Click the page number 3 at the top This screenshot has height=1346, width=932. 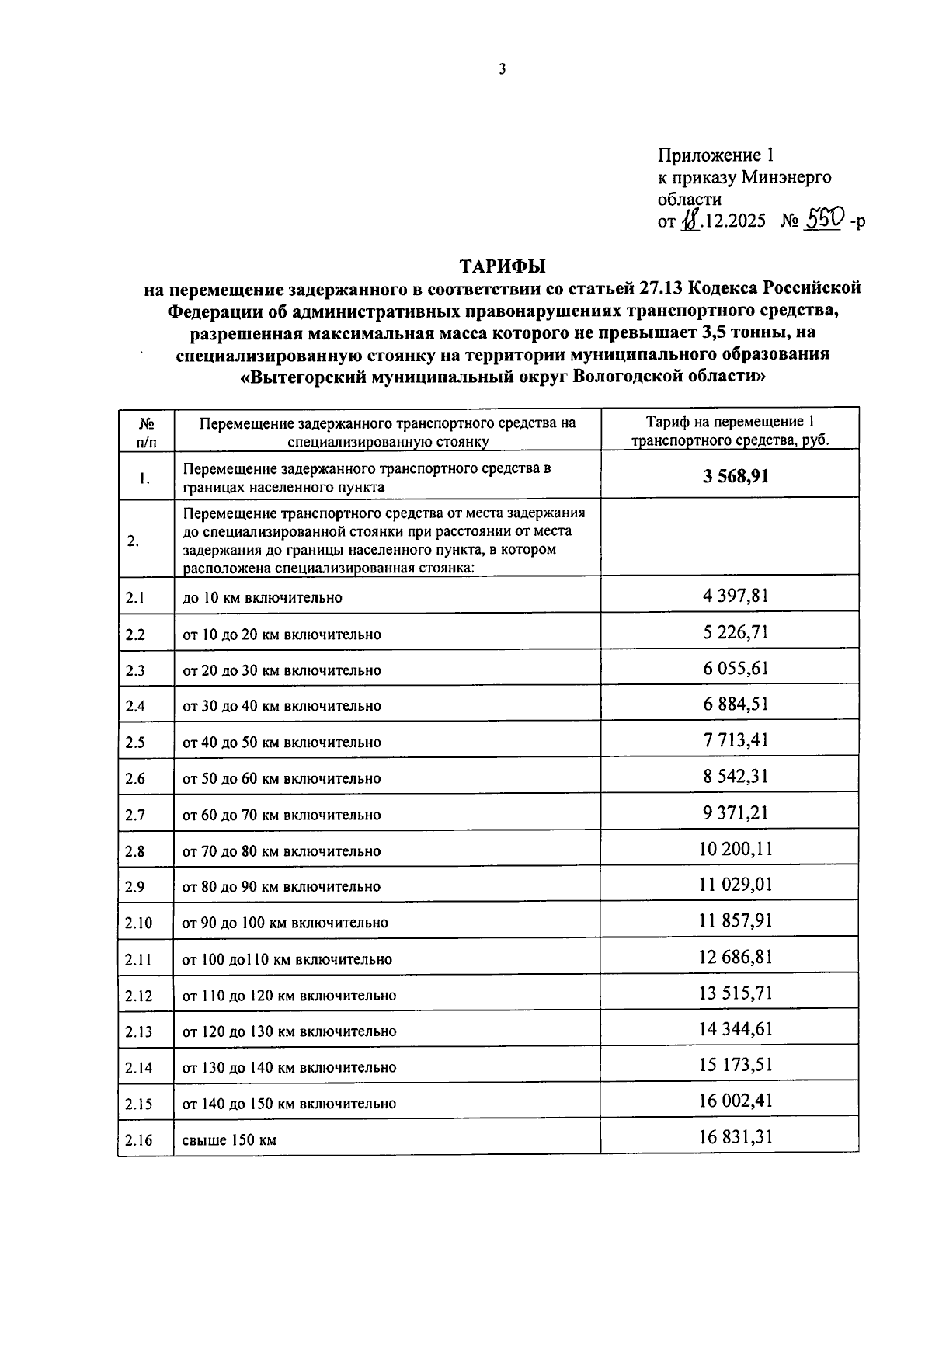[x=502, y=69]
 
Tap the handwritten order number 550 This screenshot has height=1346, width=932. [x=822, y=221]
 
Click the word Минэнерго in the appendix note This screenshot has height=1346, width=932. [x=786, y=177]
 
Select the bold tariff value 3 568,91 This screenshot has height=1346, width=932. [x=736, y=475]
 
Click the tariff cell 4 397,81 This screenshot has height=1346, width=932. [x=736, y=596]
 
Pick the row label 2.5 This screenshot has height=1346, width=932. [x=135, y=743]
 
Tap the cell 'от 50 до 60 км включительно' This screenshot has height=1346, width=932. [x=281, y=778]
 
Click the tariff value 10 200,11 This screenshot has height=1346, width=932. [x=736, y=849]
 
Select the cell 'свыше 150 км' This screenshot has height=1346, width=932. [x=229, y=1140]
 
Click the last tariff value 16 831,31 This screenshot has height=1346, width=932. [x=736, y=1137]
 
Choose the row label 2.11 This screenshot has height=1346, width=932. [x=137, y=959]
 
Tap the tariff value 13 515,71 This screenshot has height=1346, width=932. [x=736, y=993]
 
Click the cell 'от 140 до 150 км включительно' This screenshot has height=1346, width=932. [x=289, y=1104]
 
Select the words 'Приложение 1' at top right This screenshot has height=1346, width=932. [x=715, y=155]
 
